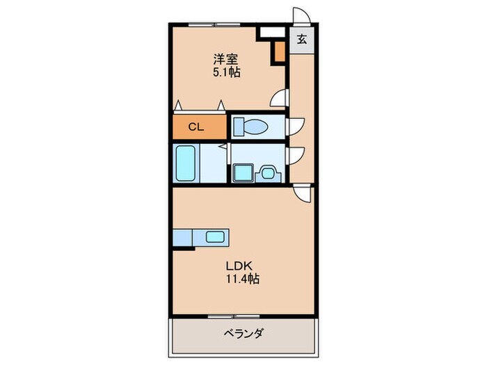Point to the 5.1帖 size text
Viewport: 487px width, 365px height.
pos(226,72)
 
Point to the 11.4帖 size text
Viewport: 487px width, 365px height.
pos(241,279)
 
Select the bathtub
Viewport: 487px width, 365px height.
pos(186,163)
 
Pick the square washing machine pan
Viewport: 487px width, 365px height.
pos(243,172)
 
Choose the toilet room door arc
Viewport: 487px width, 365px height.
pos(295,126)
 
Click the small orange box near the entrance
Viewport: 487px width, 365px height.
pos(279,51)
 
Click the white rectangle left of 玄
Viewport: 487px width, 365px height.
pos(271,31)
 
